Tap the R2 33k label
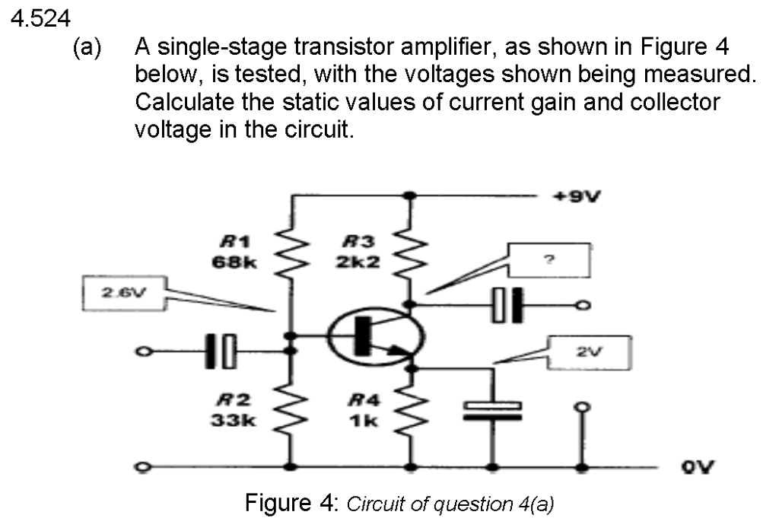pos(236,410)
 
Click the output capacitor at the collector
pos(507,305)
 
